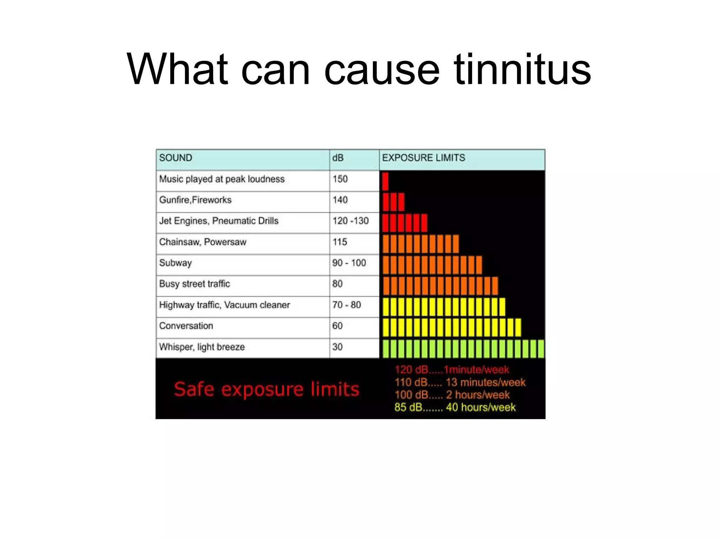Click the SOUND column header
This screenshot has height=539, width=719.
click(x=176, y=158)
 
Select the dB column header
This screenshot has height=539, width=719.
click(x=338, y=158)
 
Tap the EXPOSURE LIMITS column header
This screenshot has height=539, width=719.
click(x=423, y=158)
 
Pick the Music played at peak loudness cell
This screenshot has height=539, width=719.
click(x=222, y=179)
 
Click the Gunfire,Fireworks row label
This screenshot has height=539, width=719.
click(x=195, y=200)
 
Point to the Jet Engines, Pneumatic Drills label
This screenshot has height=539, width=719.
click(x=219, y=221)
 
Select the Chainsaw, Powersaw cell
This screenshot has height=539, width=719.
click(x=203, y=242)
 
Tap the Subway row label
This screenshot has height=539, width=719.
click(x=176, y=263)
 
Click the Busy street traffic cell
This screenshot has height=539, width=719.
click(x=194, y=284)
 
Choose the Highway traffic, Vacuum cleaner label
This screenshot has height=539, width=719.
click(x=224, y=305)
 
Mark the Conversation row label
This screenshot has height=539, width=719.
click(x=186, y=326)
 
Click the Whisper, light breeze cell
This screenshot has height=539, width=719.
click(x=202, y=347)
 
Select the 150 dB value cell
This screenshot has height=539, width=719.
click(x=340, y=179)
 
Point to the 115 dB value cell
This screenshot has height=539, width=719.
click(x=340, y=242)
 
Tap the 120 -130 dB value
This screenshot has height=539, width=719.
click(x=350, y=221)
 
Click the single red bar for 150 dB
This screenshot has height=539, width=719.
click(x=385, y=181)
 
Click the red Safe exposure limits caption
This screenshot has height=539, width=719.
click(x=266, y=389)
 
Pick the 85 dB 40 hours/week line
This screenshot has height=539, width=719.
click(x=455, y=407)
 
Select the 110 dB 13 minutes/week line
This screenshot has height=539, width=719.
click(x=460, y=382)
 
